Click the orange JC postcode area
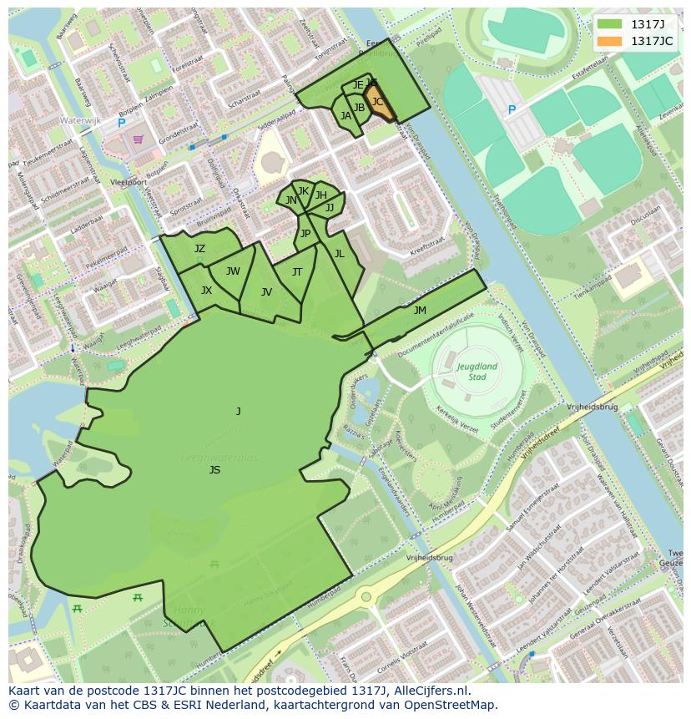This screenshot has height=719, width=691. pos(378,104)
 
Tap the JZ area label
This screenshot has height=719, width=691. pos(199,249)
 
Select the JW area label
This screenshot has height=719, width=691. pos(233,271)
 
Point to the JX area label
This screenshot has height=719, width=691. pos(206,291)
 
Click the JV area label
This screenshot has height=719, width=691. pos(266,292)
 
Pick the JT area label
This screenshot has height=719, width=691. pos(297,272)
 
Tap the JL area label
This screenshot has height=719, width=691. pos(339,254)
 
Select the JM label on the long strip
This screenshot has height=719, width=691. pos(420,311)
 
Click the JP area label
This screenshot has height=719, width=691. pos(305,234)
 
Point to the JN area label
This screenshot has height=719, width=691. pos(290,200)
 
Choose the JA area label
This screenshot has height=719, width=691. pos(345,116)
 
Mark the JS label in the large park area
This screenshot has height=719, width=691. pos(214,470)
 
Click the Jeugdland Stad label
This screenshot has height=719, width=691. pos(477,371)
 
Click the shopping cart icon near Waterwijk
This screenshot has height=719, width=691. pos(137,139)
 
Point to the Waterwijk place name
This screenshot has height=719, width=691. pos(80,120)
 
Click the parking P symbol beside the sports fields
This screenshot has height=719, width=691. pos(512,109)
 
